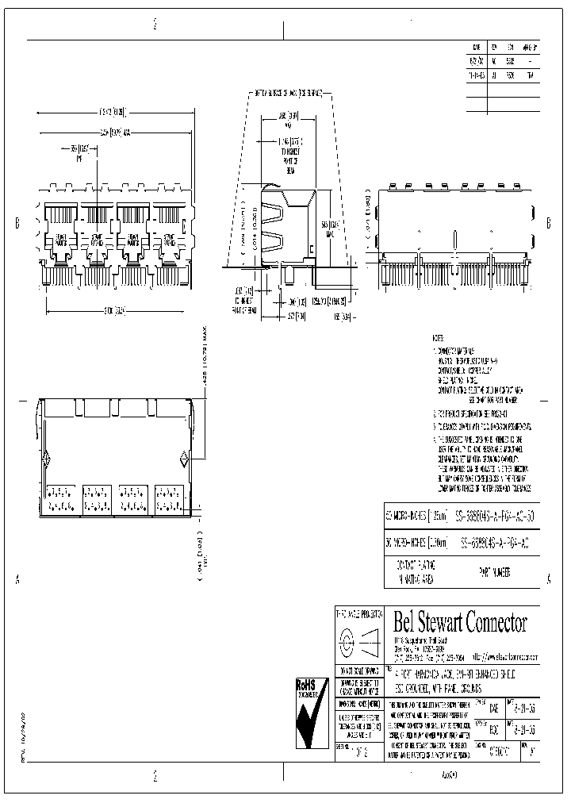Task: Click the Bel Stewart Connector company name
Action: (460, 621)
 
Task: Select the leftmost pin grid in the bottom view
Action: (61, 498)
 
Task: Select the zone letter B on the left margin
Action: (17, 224)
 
